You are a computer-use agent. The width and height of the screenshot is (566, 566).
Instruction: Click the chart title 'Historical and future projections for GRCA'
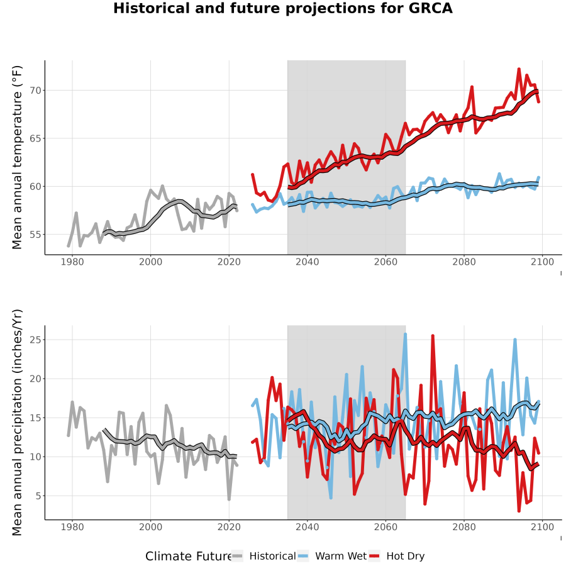tap(282, 8)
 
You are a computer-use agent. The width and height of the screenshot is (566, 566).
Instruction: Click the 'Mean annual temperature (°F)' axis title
tap(17, 157)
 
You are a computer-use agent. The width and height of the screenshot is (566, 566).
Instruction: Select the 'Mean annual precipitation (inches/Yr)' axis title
tap(17, 423)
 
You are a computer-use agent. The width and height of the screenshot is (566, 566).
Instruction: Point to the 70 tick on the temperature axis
tap(35, 90)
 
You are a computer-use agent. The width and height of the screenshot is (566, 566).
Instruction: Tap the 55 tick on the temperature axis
tap(35, 235)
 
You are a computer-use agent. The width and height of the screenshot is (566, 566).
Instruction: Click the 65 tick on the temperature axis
tap(35, 138)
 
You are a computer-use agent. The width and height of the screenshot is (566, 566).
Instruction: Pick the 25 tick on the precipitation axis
tap(35, 340)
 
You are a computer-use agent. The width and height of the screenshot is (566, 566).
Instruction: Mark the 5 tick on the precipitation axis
tap(38, 496)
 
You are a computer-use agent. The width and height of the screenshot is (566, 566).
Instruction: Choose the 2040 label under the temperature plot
tap(307, 262)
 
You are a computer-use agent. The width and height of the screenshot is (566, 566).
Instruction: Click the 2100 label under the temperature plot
tap(542, 262)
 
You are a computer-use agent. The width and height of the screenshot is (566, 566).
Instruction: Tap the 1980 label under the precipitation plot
tap(72, 527)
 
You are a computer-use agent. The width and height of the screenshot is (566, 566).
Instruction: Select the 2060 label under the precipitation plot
tap(386, 527)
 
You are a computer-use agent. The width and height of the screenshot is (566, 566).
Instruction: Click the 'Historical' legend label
tap(272, 556)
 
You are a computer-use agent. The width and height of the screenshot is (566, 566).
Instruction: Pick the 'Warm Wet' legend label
tap(341, 556)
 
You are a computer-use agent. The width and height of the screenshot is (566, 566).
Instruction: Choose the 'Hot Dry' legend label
tap(406, 556)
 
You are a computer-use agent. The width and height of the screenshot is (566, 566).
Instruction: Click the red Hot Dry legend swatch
tap(374, 556)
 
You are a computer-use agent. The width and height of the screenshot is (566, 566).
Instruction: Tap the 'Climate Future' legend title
tap(189, 556)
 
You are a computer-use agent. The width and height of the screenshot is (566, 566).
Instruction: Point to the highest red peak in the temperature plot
tap(519, 69)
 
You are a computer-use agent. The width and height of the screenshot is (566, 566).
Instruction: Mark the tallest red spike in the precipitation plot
tap(433, 336)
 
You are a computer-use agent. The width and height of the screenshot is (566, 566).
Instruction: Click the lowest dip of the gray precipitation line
tap(229, 499)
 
